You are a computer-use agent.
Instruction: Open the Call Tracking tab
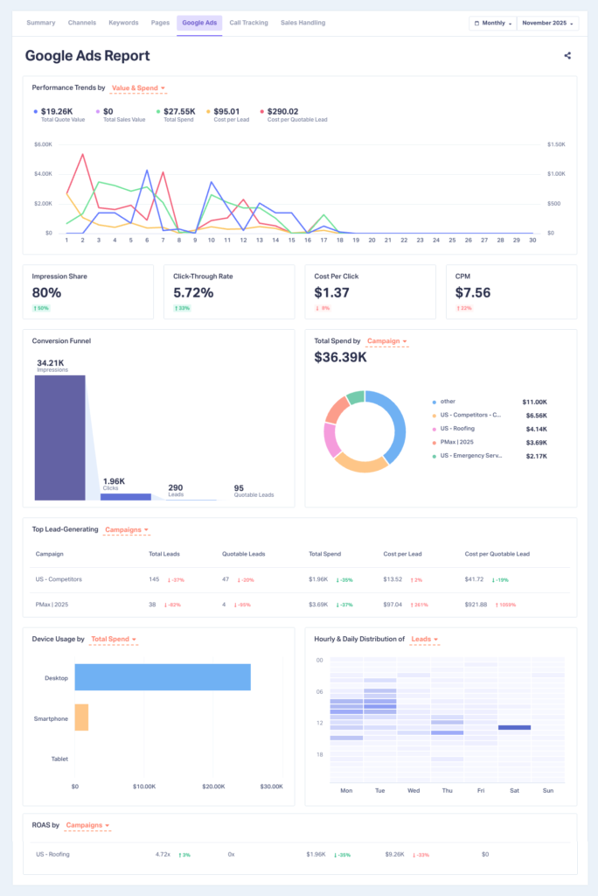[248, 23]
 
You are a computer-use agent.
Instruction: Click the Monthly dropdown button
[492, 23]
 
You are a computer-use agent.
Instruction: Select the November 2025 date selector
[544, 23]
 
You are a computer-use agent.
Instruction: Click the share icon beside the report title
[567, 56]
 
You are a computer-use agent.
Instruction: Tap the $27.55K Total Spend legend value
[181, 111]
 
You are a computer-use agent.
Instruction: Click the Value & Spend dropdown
[138, 88]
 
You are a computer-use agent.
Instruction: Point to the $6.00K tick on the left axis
[44, 143]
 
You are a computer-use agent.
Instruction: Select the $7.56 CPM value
[473, 292]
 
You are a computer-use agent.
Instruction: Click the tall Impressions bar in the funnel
[59, 437]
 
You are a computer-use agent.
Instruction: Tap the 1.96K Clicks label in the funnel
[113, 481]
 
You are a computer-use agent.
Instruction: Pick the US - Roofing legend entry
[457, 430]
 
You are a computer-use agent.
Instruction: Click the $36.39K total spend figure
[340, 357]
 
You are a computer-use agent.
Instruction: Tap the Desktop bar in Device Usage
[163, 677]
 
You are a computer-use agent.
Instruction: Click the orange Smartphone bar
[81, 717]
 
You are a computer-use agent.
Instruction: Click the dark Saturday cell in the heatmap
[515, 727]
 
